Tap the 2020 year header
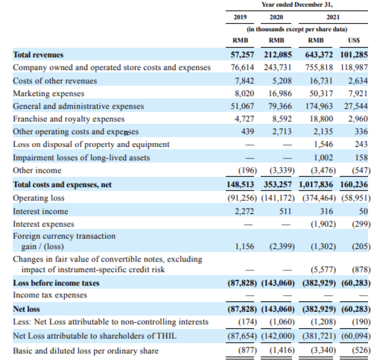(276, 17)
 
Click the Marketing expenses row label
(48, 93)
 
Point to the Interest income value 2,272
(244, 211)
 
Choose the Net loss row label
(26, 309)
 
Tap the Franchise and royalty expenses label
(69, 119)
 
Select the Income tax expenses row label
(50, 295)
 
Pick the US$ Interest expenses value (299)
(361, 224)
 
